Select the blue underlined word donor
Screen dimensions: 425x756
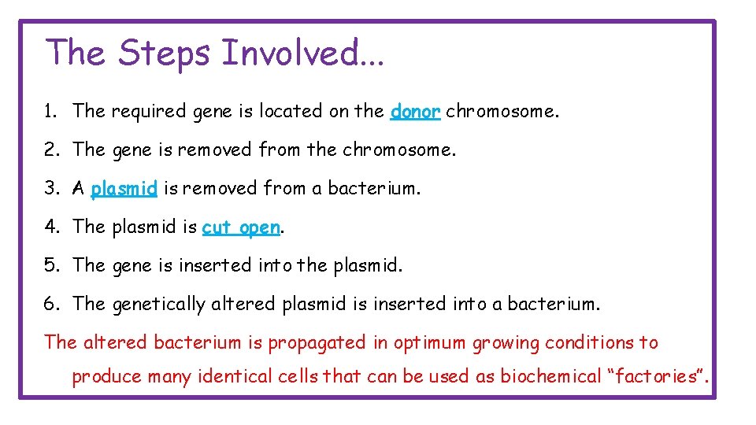(x=415, y=112)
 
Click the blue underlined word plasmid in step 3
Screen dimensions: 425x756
(x=124, y=189)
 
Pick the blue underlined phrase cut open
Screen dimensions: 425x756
(x=241, y=227)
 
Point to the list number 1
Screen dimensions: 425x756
(x=50, y=112)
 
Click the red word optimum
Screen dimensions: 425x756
(x=428, y=343)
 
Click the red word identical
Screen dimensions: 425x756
(x=236, y=377)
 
